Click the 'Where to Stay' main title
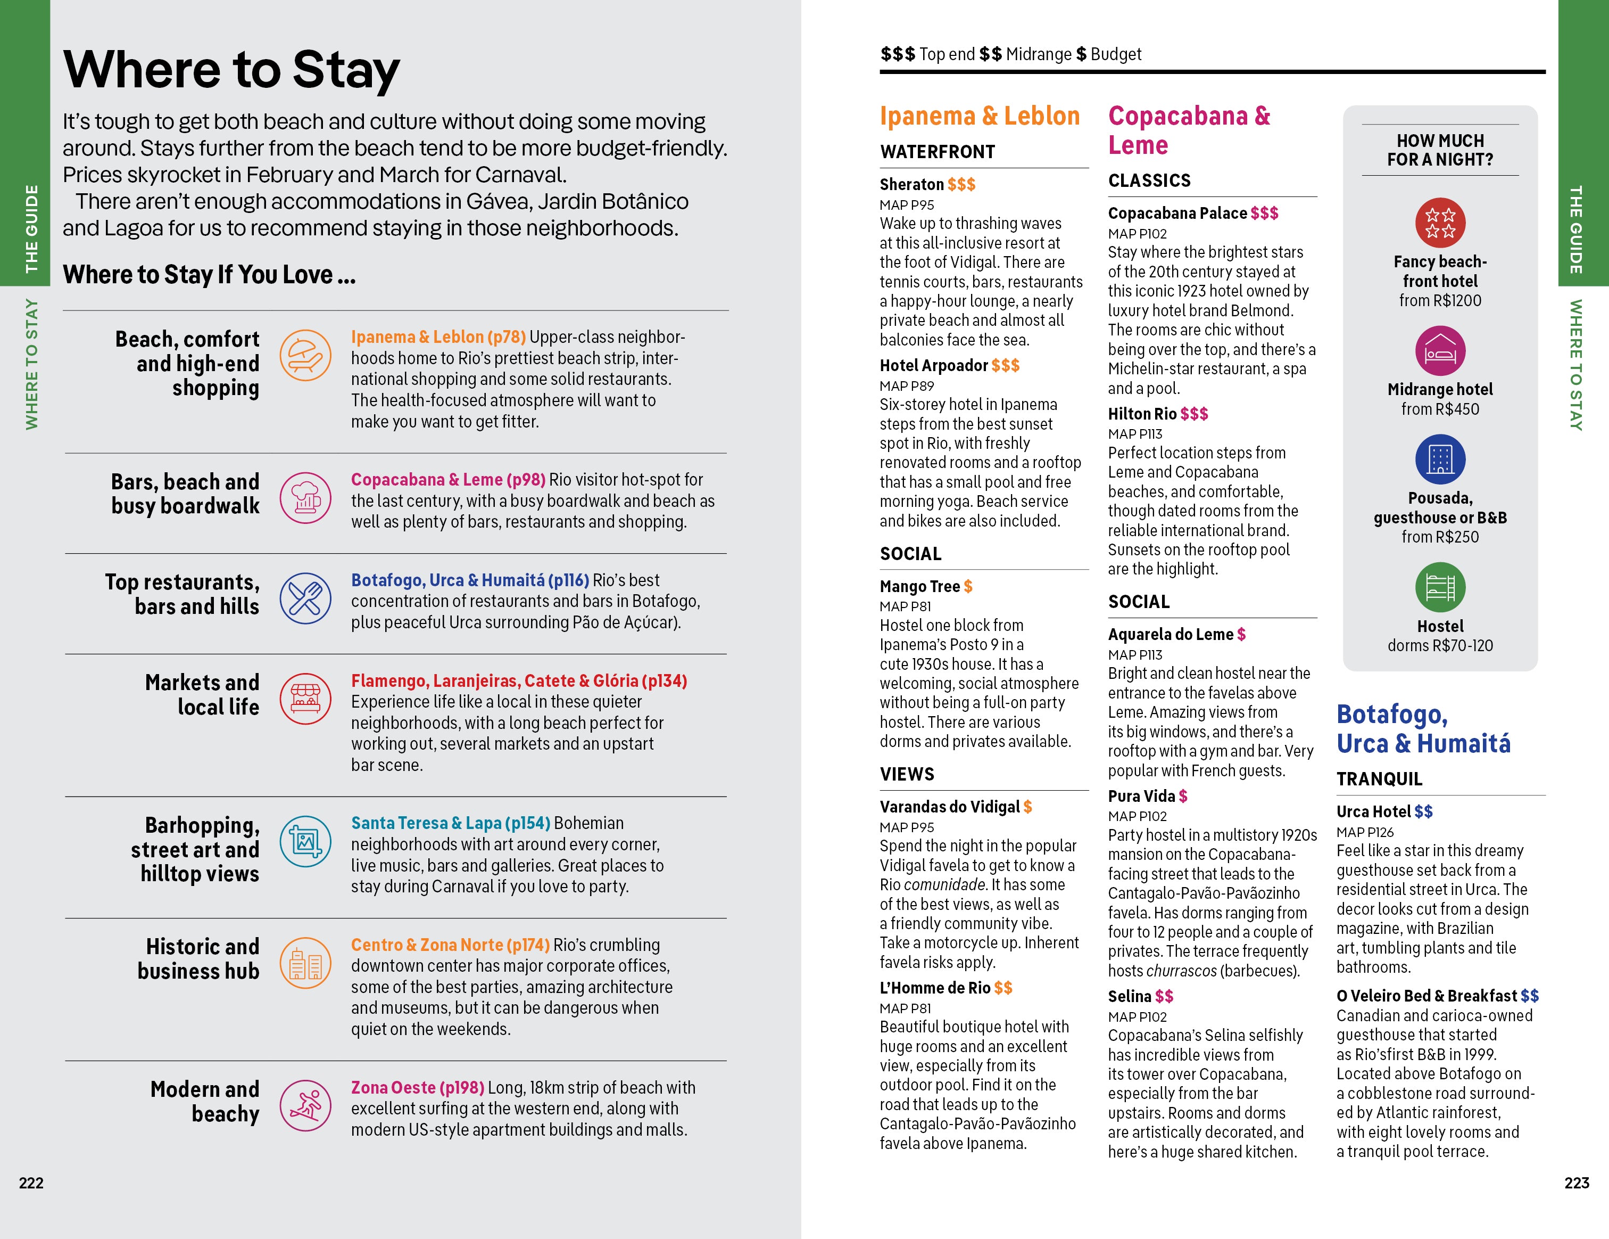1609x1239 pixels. tap(231, 69)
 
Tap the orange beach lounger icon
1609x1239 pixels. tap(305, 355)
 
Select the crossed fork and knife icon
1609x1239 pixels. tap(305, 598)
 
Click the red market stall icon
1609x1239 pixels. tap(305, 698)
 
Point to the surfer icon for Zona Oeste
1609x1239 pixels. tap(305, 1105)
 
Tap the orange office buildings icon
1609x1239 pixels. tap(305, 963)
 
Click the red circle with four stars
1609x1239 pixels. tap(1440, 223)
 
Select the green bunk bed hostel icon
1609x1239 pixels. tap(1440, 587)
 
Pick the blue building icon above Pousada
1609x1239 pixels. tap(1440, 459)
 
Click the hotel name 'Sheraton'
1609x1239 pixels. tap(911, 184)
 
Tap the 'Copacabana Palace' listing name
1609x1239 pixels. tap(1176, 213)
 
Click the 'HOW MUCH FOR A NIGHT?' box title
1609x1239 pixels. tap(1440, 150)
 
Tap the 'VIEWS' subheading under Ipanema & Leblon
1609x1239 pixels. tap(907, 774)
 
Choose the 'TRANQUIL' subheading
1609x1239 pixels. tap(1379, 779)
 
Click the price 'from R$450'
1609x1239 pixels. tap(1440, 409)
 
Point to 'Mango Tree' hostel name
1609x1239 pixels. tap(919, 587)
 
